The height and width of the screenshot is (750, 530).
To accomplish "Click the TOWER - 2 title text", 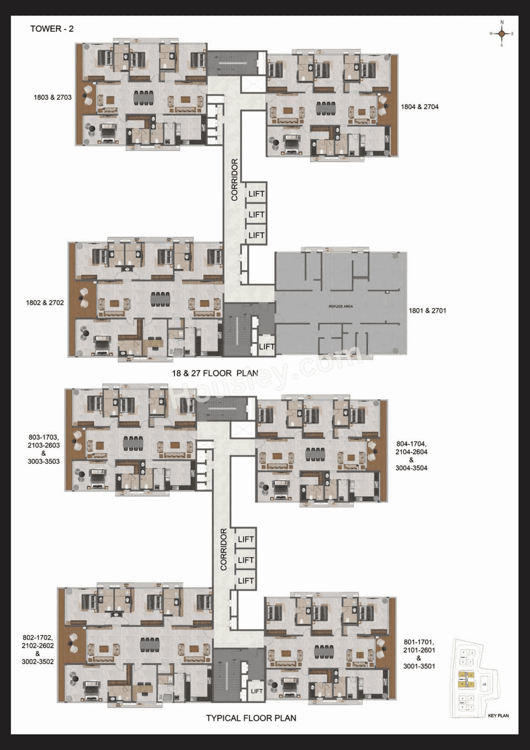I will coord(52,29).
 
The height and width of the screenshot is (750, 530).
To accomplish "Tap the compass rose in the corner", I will coord(501,34).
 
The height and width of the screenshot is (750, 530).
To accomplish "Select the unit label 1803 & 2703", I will coord(53,97).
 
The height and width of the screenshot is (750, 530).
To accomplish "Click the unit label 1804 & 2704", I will coord(419,107).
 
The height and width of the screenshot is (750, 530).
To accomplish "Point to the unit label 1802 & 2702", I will coord(45,303).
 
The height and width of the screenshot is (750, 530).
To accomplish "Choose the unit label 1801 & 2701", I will coord(427,310).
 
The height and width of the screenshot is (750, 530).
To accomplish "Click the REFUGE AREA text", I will coord(340,307).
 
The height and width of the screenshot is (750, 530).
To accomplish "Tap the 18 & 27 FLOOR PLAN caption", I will coord(215,373).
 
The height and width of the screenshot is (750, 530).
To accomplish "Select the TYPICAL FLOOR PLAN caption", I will coord(251,718).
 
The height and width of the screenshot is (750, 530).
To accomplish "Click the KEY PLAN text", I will coord(498,715).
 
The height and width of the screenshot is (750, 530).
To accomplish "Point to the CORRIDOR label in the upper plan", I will coord(235,180).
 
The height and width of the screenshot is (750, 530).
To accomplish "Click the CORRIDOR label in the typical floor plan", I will coord(224,549).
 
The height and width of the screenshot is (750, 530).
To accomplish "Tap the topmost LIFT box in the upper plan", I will coord(256,194).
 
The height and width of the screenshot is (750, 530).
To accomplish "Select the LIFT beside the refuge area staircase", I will coord(266,347).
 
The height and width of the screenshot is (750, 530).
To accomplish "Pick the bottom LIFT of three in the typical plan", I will coord(246,581).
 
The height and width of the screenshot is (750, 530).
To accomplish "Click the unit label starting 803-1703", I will coord(43,449).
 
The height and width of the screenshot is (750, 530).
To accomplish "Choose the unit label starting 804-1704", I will coord(411,456).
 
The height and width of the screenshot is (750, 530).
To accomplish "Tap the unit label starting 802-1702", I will coord(38,649).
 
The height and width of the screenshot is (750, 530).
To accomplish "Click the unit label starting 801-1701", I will coord(419,654).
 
